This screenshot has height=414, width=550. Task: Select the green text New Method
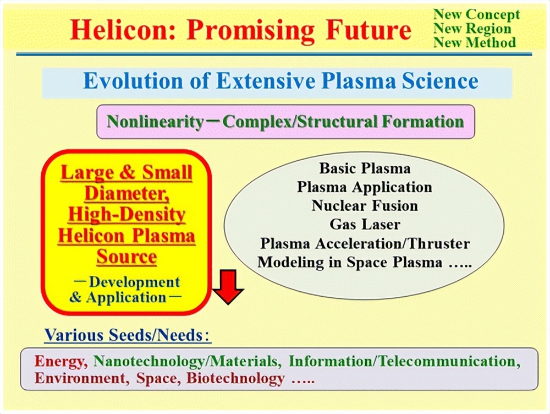[x=475, y=42]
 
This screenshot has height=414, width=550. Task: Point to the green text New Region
[x=472, y=28]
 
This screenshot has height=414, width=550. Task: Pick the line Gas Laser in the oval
[x=365, y=225]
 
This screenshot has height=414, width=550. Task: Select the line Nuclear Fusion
[x=365, y=206]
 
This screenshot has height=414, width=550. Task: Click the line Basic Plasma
[x=365, y=168]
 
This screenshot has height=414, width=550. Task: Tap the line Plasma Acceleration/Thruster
[x=365, y=243]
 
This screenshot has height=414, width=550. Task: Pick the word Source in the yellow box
[x=127, y=257]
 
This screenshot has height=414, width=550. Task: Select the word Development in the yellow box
[x=134, y=282]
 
